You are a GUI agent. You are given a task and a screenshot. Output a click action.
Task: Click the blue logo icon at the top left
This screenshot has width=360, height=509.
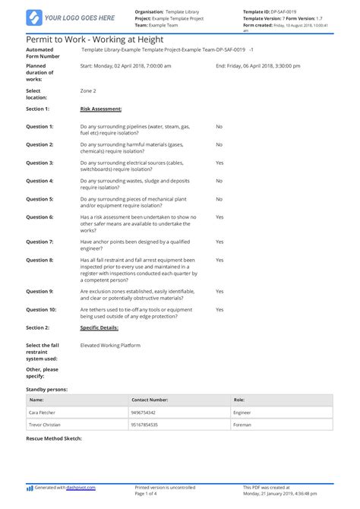click(33, 17)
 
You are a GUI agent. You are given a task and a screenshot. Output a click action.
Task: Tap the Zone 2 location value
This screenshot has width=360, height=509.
click(88, 90)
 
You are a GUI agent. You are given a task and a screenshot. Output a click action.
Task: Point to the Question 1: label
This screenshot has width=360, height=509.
click(40, 126)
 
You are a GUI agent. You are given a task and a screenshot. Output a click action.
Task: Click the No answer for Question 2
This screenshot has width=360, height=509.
click(219, 144)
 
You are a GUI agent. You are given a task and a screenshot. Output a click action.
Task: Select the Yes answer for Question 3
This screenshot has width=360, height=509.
click(219, 163)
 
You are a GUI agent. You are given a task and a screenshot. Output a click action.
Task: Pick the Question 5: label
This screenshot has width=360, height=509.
click(40, 199)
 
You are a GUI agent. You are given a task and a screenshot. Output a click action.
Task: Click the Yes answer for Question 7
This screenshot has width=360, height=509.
click(219, 242)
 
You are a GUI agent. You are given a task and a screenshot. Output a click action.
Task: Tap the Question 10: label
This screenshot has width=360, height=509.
click(42, 309)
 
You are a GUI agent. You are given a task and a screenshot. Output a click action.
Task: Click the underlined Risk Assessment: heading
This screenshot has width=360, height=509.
click(101, 109)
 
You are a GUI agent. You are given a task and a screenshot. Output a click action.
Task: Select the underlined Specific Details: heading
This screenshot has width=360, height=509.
click(99, 327)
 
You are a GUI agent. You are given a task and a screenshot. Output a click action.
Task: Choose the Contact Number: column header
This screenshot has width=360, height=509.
click(150, 399)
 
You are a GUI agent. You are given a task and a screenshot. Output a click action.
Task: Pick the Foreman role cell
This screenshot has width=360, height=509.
click(242, 425)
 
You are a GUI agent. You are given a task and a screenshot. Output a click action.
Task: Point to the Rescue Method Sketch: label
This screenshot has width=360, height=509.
click(53, 438)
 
